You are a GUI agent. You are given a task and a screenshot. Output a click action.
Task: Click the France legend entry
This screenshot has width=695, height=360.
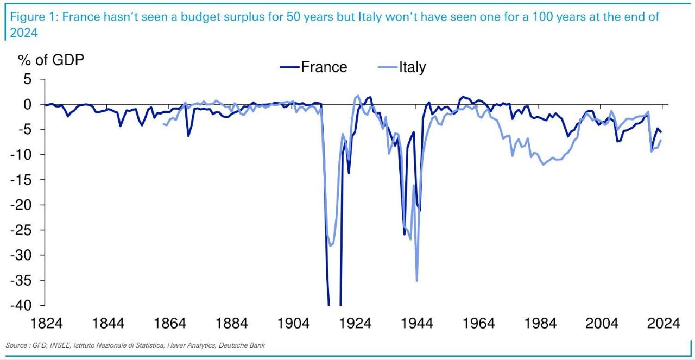pos(324,67)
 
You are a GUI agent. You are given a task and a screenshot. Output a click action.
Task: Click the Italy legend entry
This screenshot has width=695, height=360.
pos(412,67)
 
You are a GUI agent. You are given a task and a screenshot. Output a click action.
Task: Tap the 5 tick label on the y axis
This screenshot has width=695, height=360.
pos(27,79)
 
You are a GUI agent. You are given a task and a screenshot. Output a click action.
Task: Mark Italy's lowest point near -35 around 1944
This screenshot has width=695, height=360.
pos(416,280)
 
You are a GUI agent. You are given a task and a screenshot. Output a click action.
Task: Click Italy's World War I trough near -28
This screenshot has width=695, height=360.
pos(330,246)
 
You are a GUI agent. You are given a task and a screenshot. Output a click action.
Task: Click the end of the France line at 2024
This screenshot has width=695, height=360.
pos(661,132)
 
